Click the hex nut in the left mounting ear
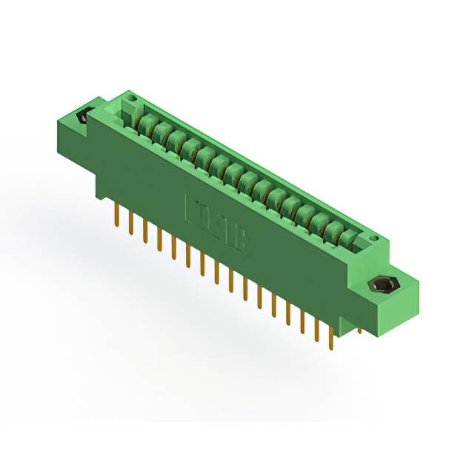coord(83,117)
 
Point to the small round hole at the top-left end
coord(132,96)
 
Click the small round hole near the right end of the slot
coord(374,238)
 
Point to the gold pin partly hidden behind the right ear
coord(360,326)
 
